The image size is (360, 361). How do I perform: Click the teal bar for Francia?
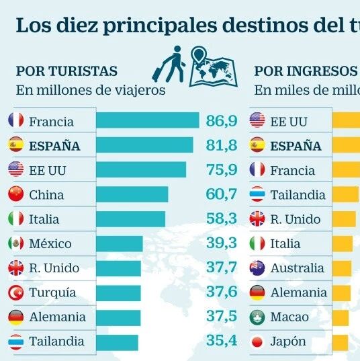(x=148, y=120)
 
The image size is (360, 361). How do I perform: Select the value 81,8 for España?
(x=221, y=145)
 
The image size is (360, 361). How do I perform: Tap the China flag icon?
(x=16, y=194)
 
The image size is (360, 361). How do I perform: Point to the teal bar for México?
(x=120, y=243)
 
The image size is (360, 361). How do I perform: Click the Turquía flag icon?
(x=16, y=292)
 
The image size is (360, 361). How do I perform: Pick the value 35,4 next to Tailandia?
(x=222, y=341)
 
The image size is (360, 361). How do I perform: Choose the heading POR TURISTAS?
(x=66, y=71)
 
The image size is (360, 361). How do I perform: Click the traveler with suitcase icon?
(x=169, y=64)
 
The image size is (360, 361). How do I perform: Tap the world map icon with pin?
(x=213, y=67)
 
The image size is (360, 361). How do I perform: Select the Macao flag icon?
(x=257, y=317)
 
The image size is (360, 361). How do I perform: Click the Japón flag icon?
(x=257, y=342)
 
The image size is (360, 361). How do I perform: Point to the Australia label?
(x=297, y=268)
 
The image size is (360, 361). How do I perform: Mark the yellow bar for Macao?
(x=341, y=318)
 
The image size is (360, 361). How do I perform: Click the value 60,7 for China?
(x=221, y=194)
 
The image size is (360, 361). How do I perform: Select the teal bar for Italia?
(x=131, y=219)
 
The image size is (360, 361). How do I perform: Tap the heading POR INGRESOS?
(x=306, y=71)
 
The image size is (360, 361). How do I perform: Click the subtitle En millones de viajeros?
(x=91, y=90)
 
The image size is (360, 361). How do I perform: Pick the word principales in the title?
(x=160, y=26)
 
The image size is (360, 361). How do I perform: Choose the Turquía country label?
(x=52, y=293)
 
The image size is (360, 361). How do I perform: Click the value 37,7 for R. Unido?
(x=221, y=268)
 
